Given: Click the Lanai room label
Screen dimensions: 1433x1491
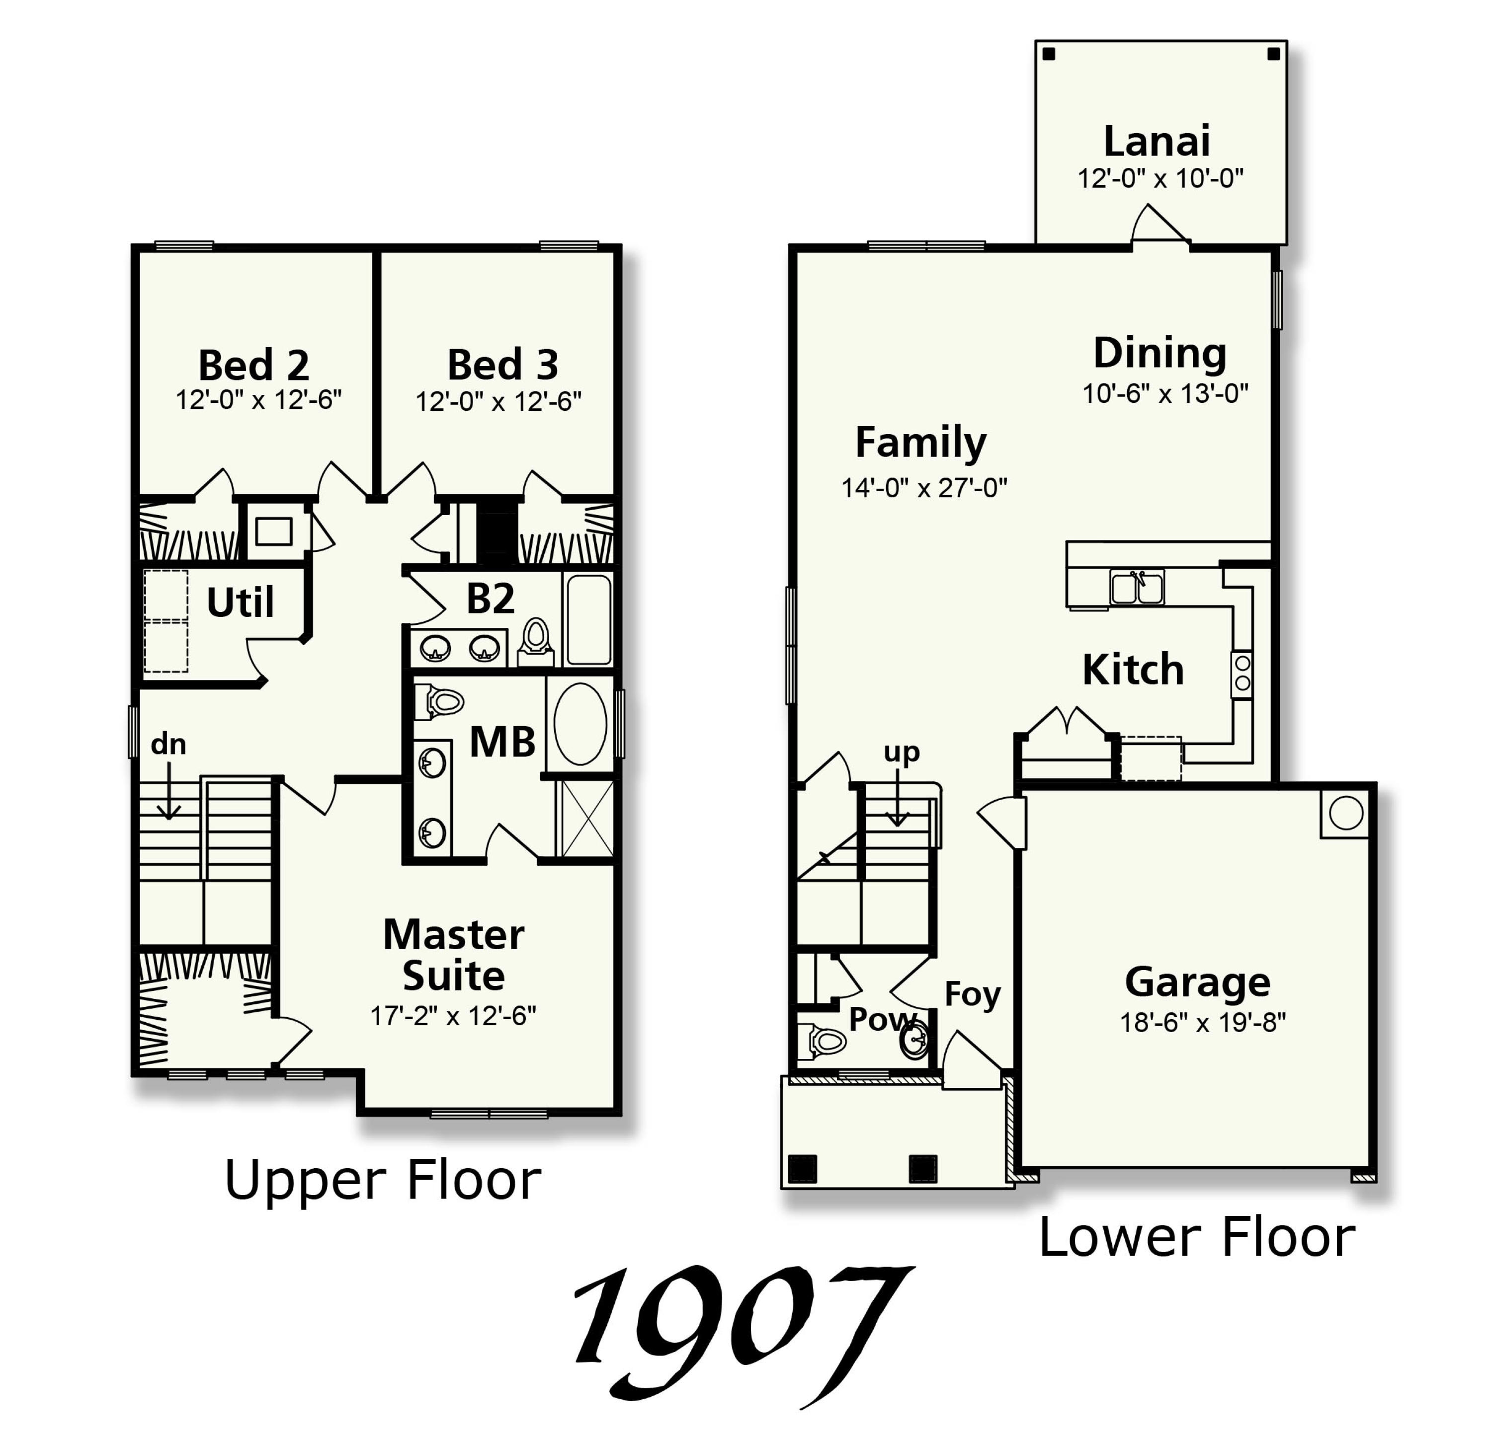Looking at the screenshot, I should click(x=1157, y=142).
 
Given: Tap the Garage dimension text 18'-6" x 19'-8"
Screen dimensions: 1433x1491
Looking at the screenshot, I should click(x=1202, y=1023).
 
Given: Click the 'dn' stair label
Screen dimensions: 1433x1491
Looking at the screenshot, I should click(x=168, y=744).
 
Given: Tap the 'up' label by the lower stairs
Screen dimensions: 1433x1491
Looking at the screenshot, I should click(x=902, y=752).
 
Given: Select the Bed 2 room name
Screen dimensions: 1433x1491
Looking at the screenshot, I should click(x=253, y=365).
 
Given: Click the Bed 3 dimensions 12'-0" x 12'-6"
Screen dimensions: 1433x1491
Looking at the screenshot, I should click(x=498, y=401).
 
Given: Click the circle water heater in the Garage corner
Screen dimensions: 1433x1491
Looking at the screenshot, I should click(x=1346, y=814).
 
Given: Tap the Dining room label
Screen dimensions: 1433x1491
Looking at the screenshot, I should click(x=1160, y=353).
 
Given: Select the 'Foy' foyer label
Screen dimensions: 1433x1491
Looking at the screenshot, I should click(x=972, y=993).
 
